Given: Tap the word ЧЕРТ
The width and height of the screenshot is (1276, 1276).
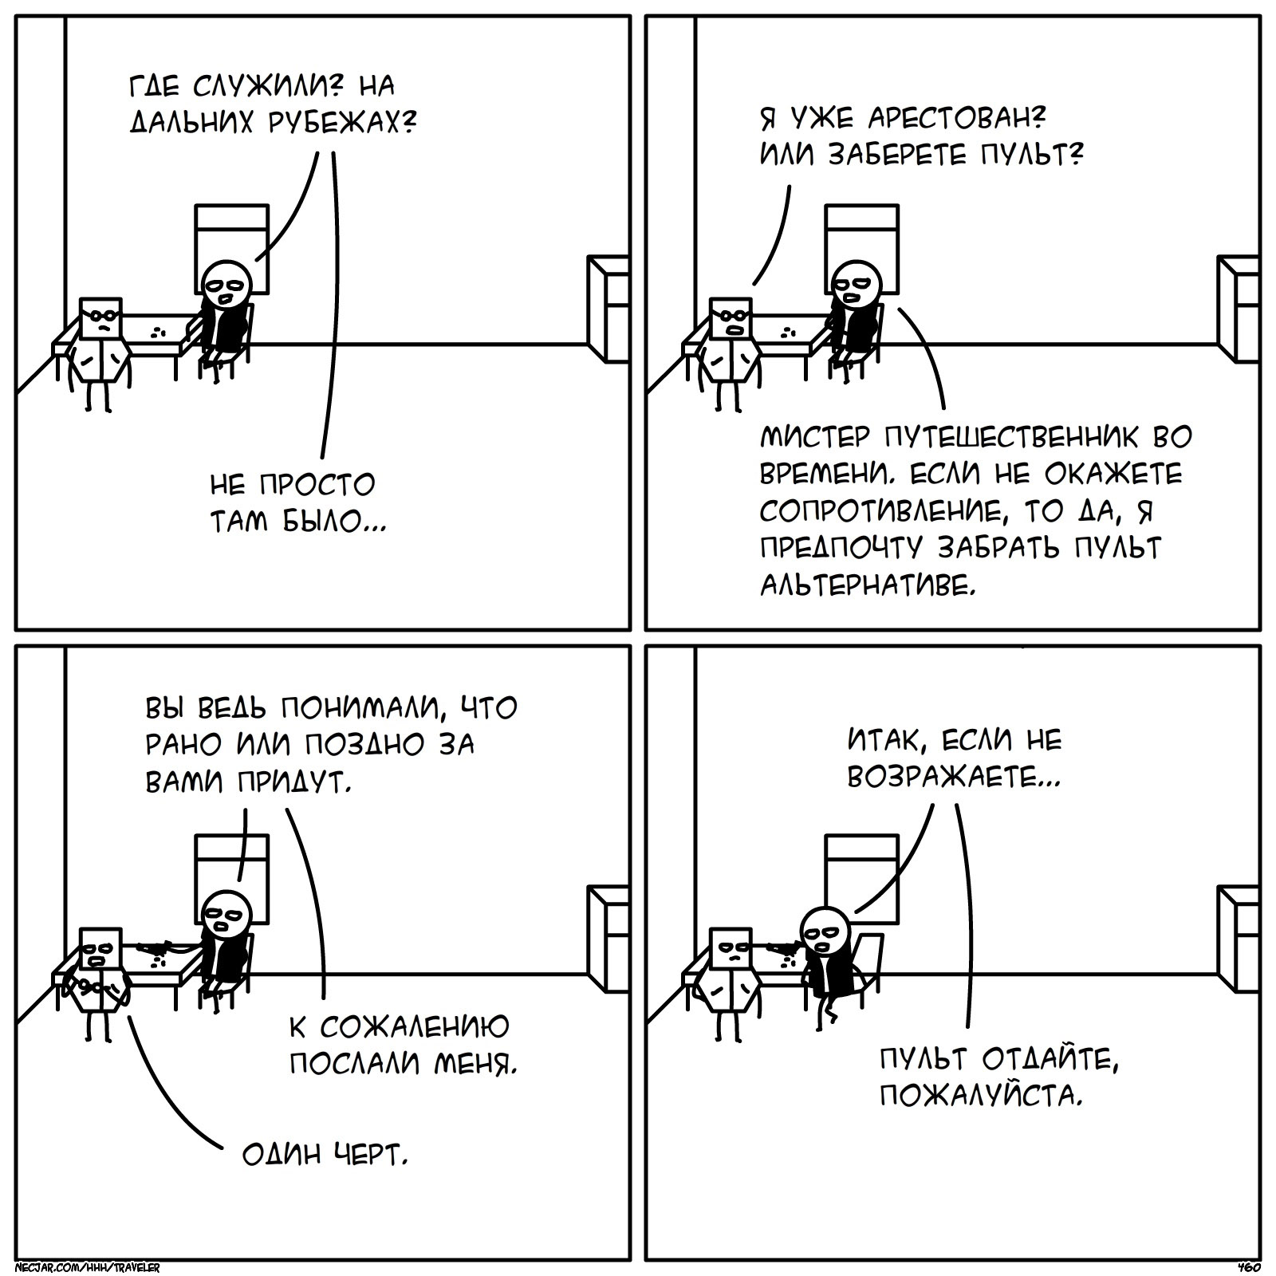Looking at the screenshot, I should (369, 1154).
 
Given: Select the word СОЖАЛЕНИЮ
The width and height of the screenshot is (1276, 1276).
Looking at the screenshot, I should (414, 1026).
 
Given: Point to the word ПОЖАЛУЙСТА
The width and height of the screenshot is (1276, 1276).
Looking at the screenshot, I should (981, 1098).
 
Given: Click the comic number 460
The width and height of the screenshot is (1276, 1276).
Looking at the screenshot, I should (1248, 1266).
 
